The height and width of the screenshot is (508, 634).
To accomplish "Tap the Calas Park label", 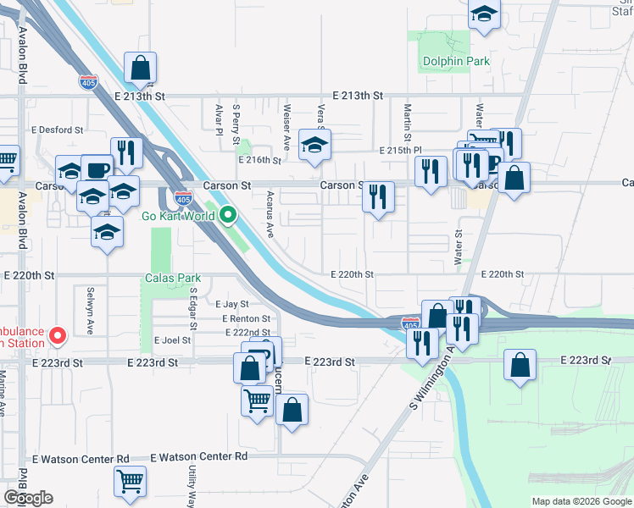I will (x=172, y=278).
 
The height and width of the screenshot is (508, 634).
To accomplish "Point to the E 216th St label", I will (x=259, y=160).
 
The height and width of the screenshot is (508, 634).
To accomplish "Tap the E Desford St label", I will (x=58, y=130).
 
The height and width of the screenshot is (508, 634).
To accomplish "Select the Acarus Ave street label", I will (x=270, y=214).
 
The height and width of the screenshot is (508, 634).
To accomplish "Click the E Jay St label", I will (x=231, y=304).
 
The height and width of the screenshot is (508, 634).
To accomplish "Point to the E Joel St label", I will (x=172, y=340).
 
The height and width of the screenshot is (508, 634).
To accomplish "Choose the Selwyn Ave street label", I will (x=89, y=310).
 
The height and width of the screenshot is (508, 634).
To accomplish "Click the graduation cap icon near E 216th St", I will (x=314, y=145).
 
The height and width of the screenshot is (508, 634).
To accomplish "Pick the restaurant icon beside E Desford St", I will (x=126, y=152).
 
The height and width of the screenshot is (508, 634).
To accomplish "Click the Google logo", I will (x=29, y=498).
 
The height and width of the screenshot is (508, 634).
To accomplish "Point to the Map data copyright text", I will (x=581, y=501).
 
